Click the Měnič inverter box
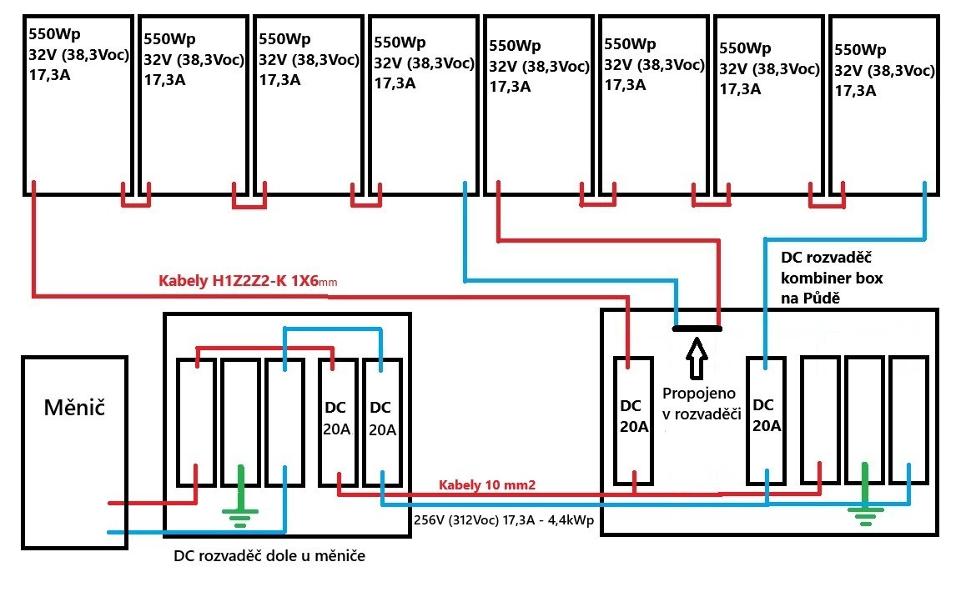coord(73,451)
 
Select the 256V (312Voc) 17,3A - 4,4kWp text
coord(503,518)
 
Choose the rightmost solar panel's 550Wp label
coord(861,48)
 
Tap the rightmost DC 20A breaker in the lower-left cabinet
coord(381,422)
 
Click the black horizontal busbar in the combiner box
coord(697,328)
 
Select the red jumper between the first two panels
coord(136,203)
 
